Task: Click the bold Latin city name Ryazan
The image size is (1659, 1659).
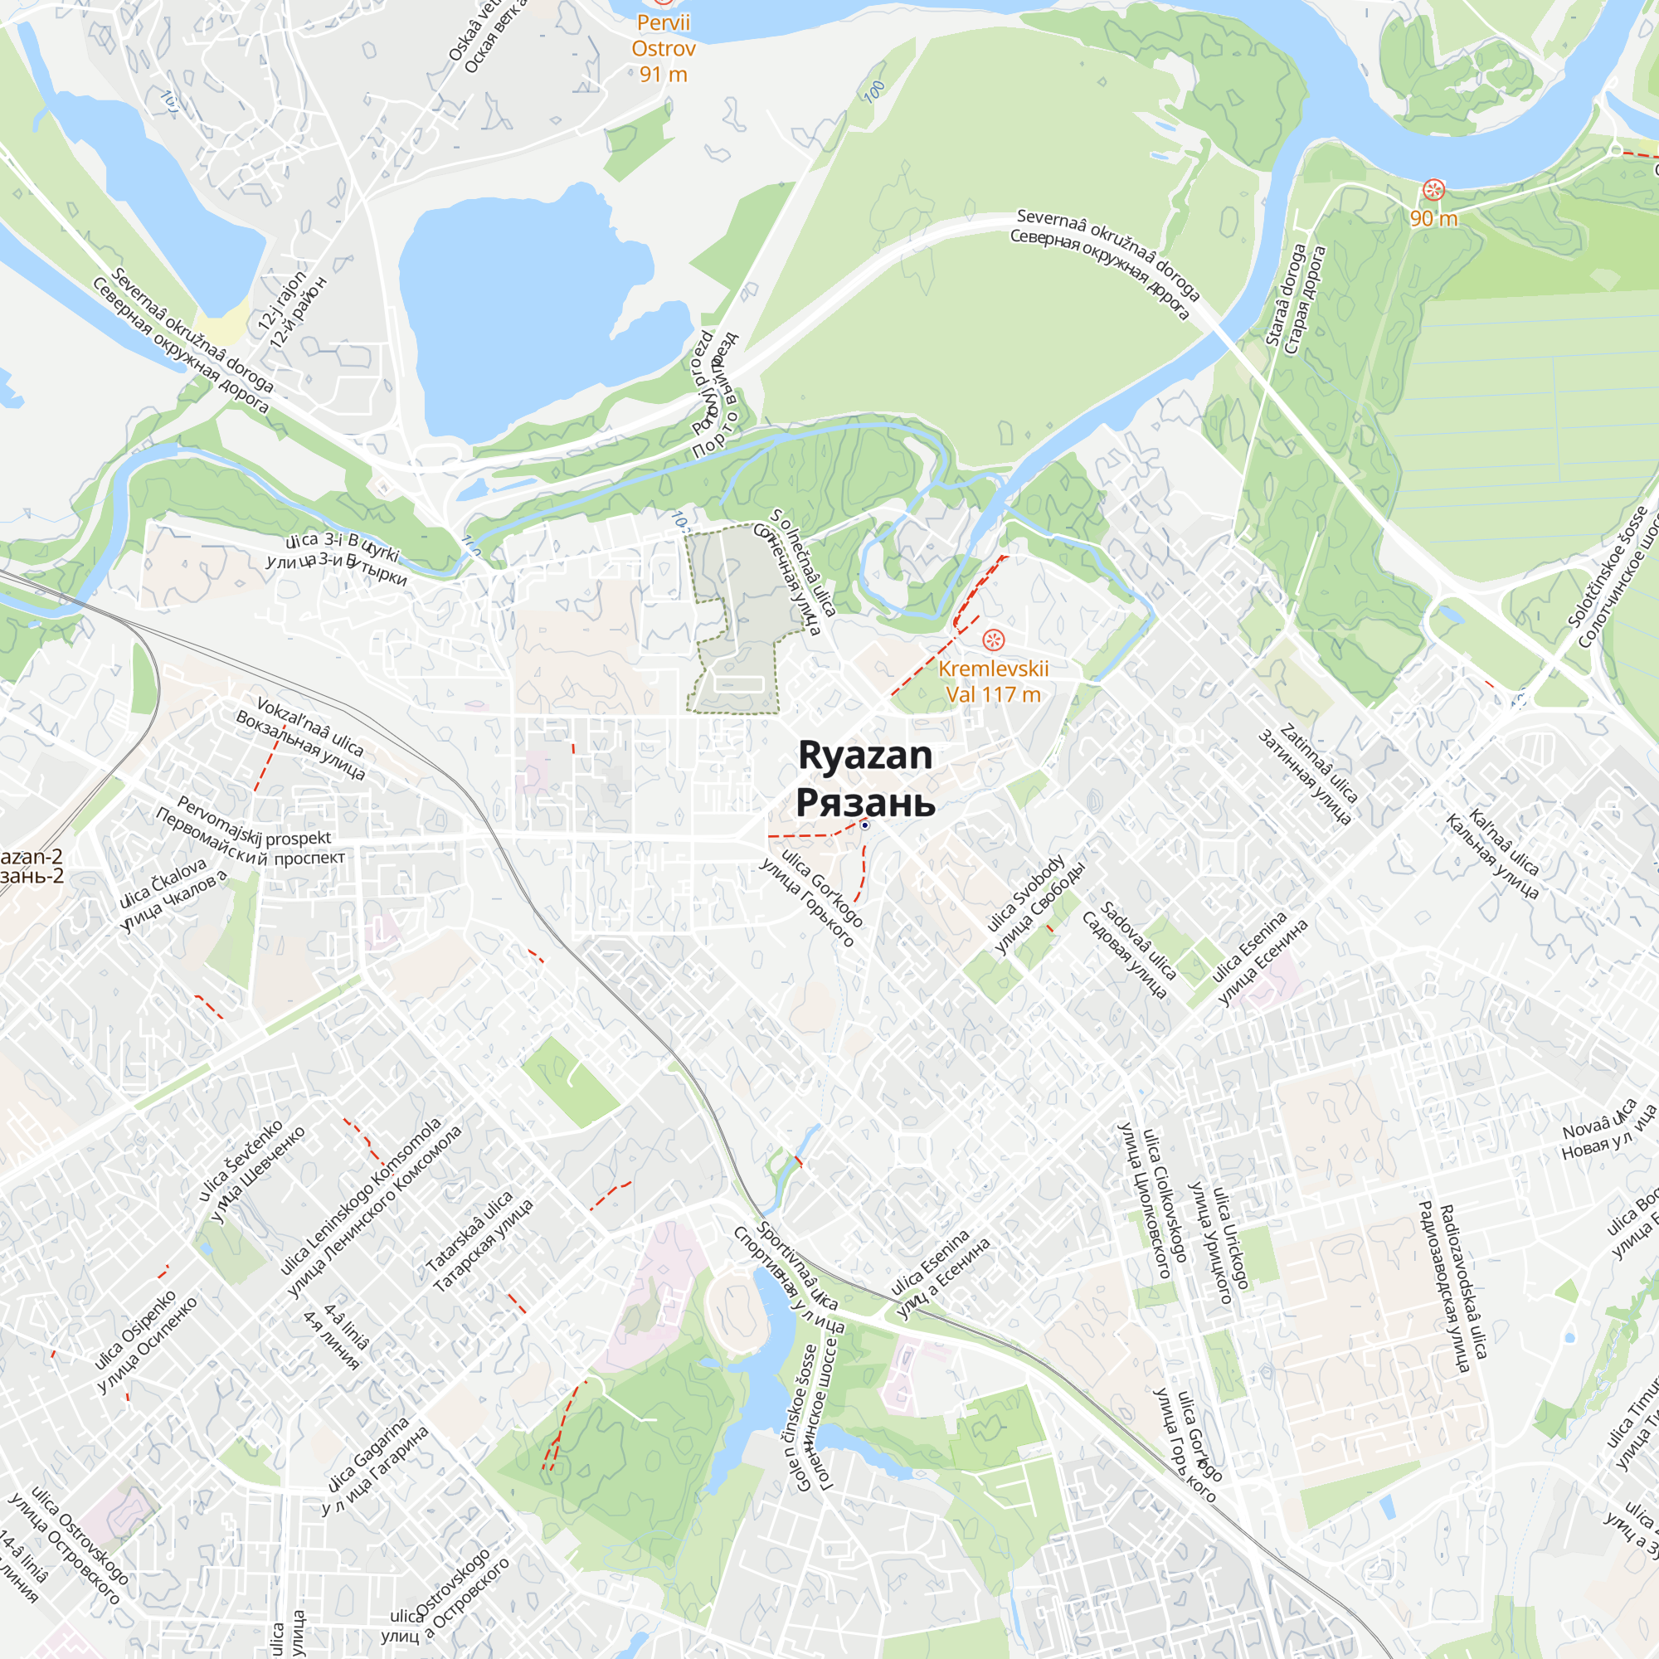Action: pos(864,756)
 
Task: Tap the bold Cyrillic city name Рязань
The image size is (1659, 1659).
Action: pos(864,802)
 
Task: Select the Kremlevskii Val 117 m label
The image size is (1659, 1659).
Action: pos(994,682)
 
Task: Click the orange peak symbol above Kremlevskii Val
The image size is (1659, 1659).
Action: pos(994,640)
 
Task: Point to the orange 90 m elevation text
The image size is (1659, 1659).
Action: pos(1433,218)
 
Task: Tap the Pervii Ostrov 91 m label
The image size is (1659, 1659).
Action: pos(663,48)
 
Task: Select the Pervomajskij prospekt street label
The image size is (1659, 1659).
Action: pos(254,825)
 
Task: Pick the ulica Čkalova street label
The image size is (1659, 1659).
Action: pos(163,883)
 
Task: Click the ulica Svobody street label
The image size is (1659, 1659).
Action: pos(1026,893)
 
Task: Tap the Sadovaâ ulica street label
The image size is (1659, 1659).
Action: pos(1138,941)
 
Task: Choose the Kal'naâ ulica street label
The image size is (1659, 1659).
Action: pos(1505,841)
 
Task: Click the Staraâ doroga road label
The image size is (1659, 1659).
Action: pos(1285,294)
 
